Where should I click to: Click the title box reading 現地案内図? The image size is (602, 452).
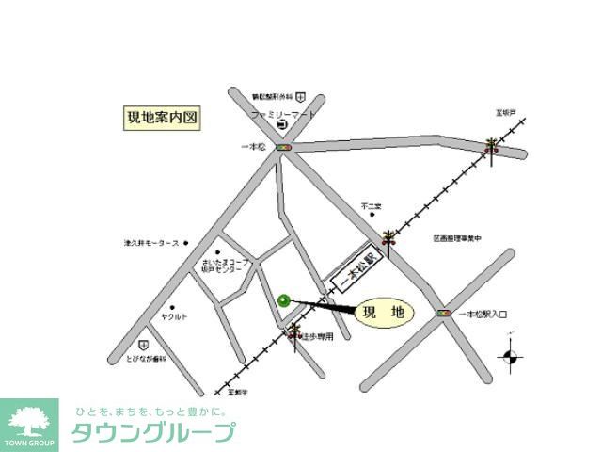[x=163, y=119]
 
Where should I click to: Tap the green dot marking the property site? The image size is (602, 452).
[x=284, y=301]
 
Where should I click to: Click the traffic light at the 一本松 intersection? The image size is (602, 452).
[x=284, y=148]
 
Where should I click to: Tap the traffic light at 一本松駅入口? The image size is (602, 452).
[x=442, y=313]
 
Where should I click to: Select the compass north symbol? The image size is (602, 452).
[x=512, y=355]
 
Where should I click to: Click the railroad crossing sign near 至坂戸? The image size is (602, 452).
[x=491, y=147]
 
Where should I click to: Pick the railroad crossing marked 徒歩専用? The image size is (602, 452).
[x=296, y=331]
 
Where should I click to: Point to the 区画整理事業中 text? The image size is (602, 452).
[x=457, y=239]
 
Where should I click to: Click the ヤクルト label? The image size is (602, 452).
[x=175, y=317]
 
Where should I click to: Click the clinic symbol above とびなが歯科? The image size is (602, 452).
[x=144, y=345]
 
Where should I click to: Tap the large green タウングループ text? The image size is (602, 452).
[x=152, y=433]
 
